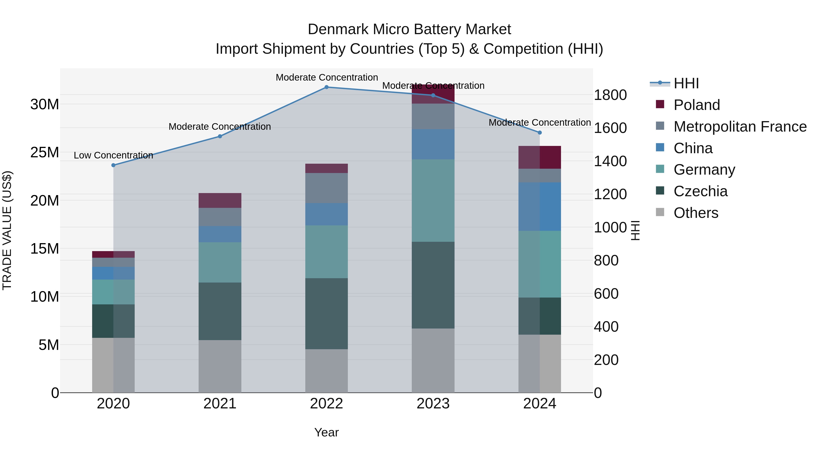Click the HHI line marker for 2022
pyautogui.click(x=326, y=87)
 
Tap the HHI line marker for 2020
pyautogui.click(x=114, y=165)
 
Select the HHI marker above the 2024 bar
pyautogui.click(x=540, y=133)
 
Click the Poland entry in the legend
pyautogui.click(x=696, y=105)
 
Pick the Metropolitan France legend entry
pyautogui.click(x=740, y=127)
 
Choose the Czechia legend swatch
pyautogui.click(x=660, y=191)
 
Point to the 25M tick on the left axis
pyautogui.click(x=45, y=152)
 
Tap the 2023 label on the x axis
pyautogui.click(x=433, y=404)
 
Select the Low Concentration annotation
pyautogui.click(x=114, y=155)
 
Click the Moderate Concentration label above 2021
pyautogui.click(x=220, y=127)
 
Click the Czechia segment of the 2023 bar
pyautogui.click(x=433, y=285)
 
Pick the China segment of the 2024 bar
pyautogui.click(x=540, y=206)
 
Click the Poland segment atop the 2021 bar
pyautogui.click(x=220, y=200)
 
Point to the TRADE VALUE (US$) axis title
pyautogui.click(x=7, y=230)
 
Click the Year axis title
pyautogui.click(x=326, y=432)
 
